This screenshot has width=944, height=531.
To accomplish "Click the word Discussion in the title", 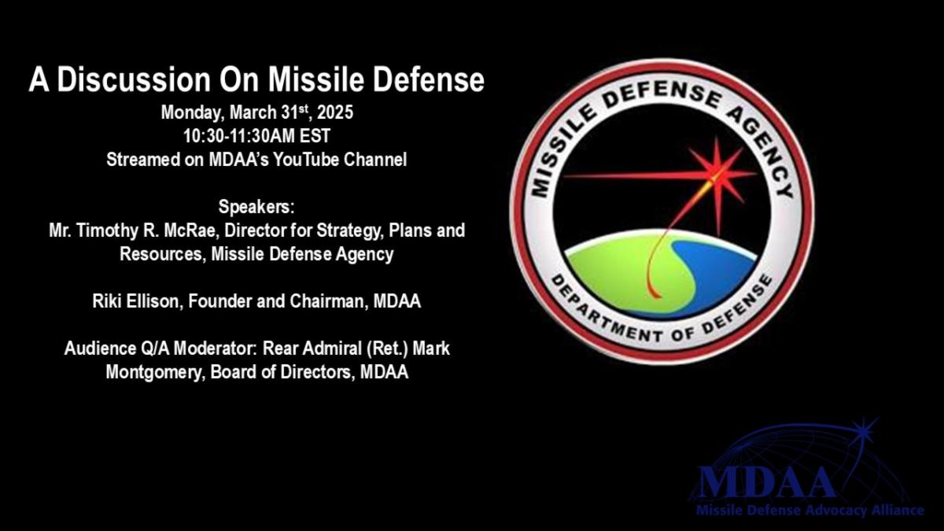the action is coord(134,79).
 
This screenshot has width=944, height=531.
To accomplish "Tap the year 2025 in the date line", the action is coord(335,112).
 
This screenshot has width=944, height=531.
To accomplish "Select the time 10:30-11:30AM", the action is coord(238,136).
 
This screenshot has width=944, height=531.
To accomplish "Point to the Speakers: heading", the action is coord(256,207).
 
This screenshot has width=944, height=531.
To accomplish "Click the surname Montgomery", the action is coord(155,373).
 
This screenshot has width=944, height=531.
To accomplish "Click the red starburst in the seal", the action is coord(717,174).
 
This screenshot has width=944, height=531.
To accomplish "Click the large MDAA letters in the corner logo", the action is coord(766,483).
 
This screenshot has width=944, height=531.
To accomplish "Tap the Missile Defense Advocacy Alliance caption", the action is coord(810,511).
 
